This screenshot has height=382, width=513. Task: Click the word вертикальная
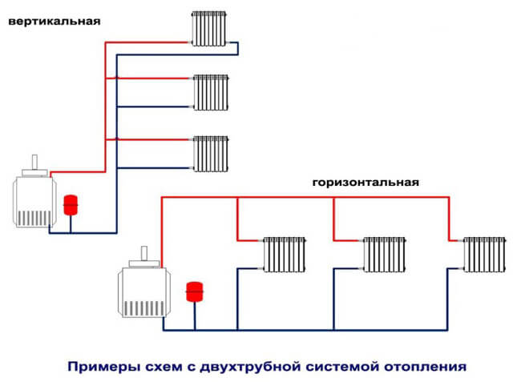(55, 22)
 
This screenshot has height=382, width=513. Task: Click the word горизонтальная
(366, 183)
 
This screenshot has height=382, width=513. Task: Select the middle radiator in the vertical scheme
(210, 93)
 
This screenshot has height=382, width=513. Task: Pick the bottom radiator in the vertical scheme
(210, 154)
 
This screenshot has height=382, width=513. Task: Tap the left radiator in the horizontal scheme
(285, 255)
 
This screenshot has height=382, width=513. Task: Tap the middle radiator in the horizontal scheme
(384, 255)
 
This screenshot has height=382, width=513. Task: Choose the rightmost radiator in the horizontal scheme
(484, 255)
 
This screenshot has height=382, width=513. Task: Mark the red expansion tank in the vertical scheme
(70, 201)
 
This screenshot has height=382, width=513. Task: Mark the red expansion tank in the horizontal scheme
(192, 291)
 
